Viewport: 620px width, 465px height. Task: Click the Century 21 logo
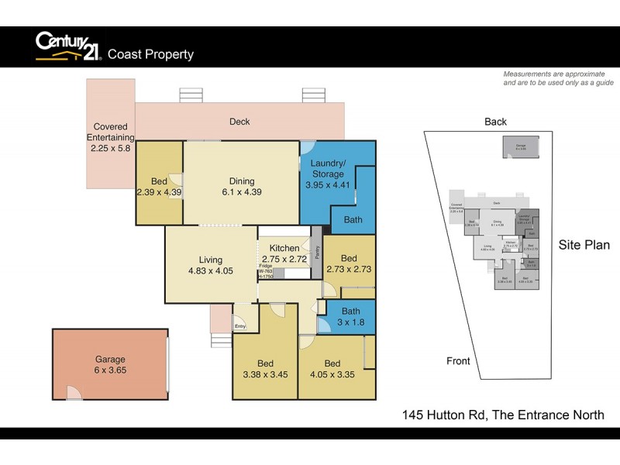(x=68, y=46)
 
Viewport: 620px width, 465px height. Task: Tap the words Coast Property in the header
(x=150, y=54)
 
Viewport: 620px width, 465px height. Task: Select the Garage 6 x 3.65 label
(x=111, y=365)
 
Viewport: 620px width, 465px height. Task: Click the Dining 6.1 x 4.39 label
(x=241, y=187)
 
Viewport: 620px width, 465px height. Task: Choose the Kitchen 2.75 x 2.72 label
(x=284, y=253)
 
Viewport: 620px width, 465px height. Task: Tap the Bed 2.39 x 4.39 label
(x=159, y=187)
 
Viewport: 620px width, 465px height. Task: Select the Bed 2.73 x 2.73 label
(x=349, y=263)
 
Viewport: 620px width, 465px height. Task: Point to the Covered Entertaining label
(x=110, y=137)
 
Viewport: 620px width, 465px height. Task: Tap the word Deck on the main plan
(x=239, y=122)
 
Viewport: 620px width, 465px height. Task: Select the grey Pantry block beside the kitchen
(x=316, y=253)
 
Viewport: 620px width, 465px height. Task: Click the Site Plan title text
(x=584, y=245)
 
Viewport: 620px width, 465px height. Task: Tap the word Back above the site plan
(x=495, y=122)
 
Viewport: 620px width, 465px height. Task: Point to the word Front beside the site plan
(x=458, y=361)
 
